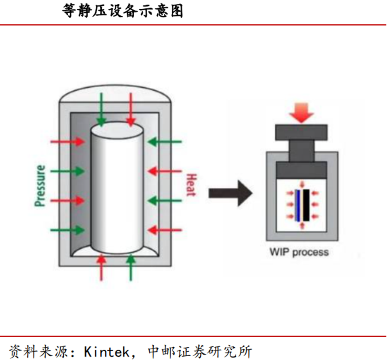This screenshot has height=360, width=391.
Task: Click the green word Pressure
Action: click(40, 186)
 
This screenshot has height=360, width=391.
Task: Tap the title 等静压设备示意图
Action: click(122, 11)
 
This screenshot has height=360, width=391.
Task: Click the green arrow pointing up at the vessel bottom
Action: click(131, 267)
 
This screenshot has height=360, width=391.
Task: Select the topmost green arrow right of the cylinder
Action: click(165, 142)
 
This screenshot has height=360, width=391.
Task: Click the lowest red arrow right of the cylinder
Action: click(165, 230)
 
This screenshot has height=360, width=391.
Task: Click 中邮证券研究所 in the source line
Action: click(200, 351)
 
